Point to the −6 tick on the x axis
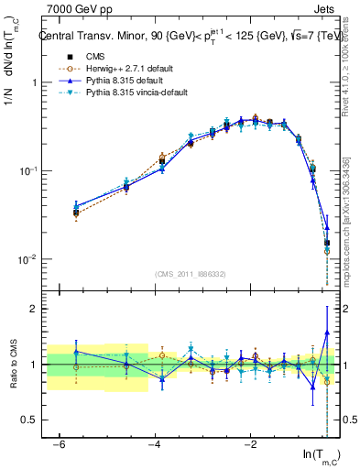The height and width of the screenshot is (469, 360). pos(59,444)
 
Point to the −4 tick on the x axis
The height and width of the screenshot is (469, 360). pos(154,444)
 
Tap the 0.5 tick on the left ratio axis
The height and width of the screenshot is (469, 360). pos(27,420)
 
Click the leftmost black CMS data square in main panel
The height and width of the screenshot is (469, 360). pos(76,213)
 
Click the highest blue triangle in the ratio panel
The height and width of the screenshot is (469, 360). pos(327,333)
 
